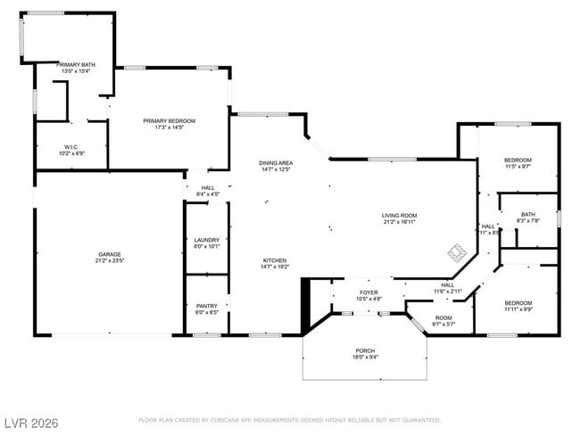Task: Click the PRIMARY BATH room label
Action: (x=76, y=65)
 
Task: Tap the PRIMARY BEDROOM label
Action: (x=170, y=120)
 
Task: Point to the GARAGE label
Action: (x=110, y=254)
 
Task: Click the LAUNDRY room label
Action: (x=207, y=240)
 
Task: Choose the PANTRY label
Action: (x=206, y=306)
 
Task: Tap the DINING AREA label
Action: (x=276, y=163)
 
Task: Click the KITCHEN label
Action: (x=274, y=260)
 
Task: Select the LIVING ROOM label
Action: (x=400, y=215)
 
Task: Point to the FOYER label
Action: (x=369, y=292)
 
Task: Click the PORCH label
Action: (x=365, y=350)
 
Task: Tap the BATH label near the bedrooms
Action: (x=528, y=214)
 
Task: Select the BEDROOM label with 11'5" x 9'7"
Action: (x=518, y=160)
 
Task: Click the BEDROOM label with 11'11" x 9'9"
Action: (x=518, y=303)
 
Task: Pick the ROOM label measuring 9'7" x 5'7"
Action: (x=443, y=317)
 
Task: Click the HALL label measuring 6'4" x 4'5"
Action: (x=207, y=187)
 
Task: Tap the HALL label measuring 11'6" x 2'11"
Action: (x=447, y=285)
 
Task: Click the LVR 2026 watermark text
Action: (x=30, y=423)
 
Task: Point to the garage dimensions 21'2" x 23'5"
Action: (x=110, y=260)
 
